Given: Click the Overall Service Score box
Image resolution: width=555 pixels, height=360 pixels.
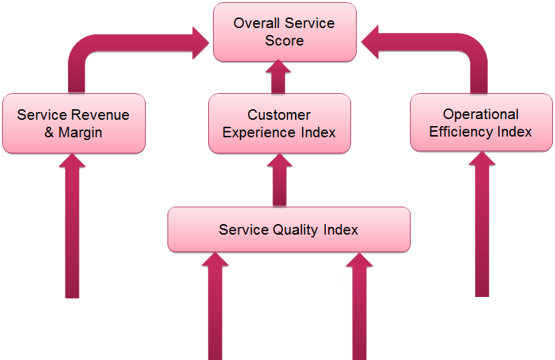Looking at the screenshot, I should (285, 32).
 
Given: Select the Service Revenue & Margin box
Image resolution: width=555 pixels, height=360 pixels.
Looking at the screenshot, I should (74, 123).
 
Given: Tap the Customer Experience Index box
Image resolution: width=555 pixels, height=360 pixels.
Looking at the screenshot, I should (279, 123).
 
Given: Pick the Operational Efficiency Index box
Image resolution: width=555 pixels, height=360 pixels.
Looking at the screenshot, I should (481, 123).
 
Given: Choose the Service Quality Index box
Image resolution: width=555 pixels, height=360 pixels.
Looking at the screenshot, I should (289, 230).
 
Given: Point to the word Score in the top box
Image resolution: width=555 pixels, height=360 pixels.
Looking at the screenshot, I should (285, 41).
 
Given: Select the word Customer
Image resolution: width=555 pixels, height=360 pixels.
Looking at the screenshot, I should (279, 115).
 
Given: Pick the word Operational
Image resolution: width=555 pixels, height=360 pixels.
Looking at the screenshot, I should (481, 114).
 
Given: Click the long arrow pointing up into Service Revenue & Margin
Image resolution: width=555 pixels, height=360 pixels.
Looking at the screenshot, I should (72, 231).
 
